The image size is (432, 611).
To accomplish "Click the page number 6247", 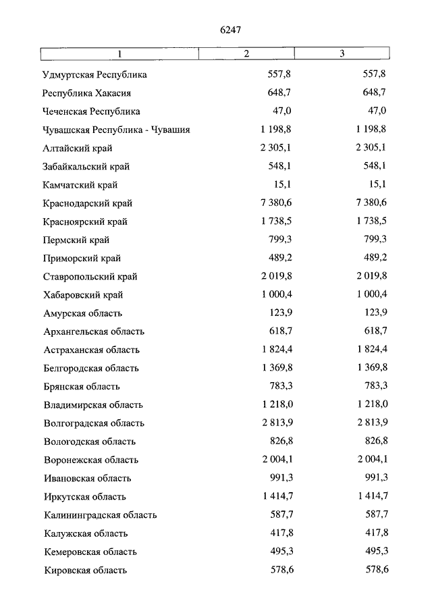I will pyautogui.click(x=231, y=30).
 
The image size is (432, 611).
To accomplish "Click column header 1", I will pyautogui.click(x=119, y=54).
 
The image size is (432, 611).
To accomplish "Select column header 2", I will pyautogui.click(x=246, y=54).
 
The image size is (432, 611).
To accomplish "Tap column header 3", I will pyautogui.click(x=342, y=54).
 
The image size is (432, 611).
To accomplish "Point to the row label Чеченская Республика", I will pyautogui.click(x=91, y=111).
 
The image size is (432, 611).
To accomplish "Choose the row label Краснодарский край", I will pyautogui.click(x=88, y=203).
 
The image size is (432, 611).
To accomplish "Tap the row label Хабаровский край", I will pyautogui.click(x=83, y=295).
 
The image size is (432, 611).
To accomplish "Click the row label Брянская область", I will pyautogui.click(x=82, y=387).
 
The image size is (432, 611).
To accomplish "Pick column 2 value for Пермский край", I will pyautogui.click(x=279, y=240).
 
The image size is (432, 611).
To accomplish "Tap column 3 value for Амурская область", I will pyautogui.click(x=374, y=313).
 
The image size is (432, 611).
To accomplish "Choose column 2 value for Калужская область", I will pyautogui.click(x=279, y=533).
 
